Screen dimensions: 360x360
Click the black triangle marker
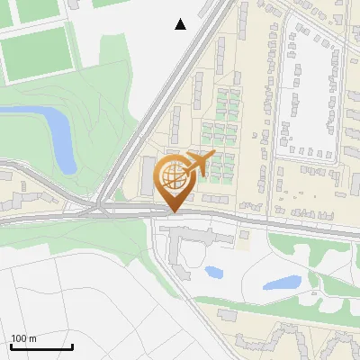180,24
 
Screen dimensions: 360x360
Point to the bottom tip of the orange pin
172,212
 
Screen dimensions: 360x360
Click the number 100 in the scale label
20,338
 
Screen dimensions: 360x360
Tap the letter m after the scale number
33,338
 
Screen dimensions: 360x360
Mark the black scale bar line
40,346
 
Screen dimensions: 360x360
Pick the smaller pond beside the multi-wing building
214,270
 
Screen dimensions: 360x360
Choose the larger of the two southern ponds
282,283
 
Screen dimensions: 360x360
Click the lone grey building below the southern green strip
227,315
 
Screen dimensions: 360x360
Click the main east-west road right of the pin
270,222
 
